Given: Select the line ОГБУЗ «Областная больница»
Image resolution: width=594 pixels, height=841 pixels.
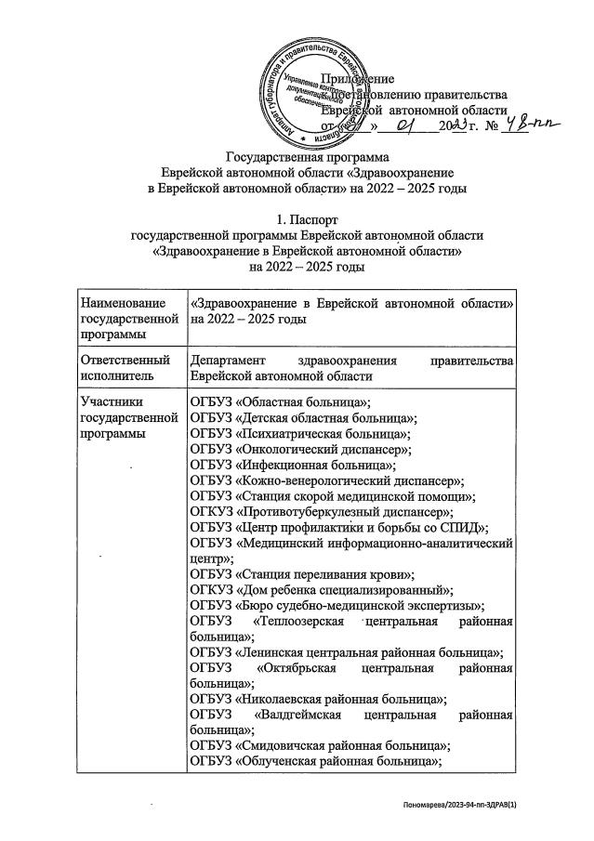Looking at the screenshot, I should [280, 401].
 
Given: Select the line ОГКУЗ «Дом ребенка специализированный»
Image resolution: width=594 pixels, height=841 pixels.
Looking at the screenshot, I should [321, 592].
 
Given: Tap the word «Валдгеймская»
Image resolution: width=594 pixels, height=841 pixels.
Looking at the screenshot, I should [303, 717].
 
